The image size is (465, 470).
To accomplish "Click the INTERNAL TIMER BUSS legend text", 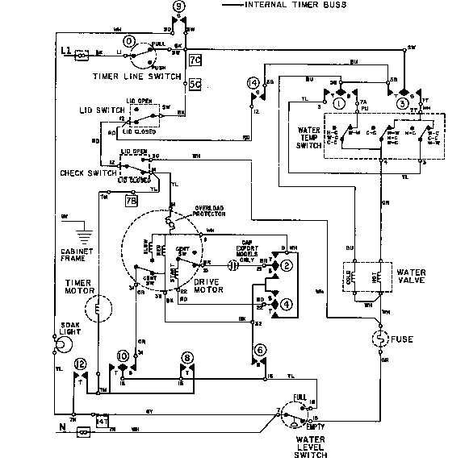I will click(295, 6).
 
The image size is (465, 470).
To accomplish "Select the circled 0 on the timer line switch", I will click(129, 40).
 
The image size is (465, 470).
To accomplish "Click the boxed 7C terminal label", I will click(194, 60).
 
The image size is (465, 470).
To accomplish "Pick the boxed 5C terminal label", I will click(194, 83).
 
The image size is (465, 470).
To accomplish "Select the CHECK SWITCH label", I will click(81, 173).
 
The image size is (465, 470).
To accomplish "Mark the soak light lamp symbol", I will click(58, 347).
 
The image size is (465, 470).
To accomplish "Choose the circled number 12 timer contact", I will click(80, 364).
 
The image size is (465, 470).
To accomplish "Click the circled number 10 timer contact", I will click(124, 355).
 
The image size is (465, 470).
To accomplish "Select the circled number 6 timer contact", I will click(260, 349).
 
